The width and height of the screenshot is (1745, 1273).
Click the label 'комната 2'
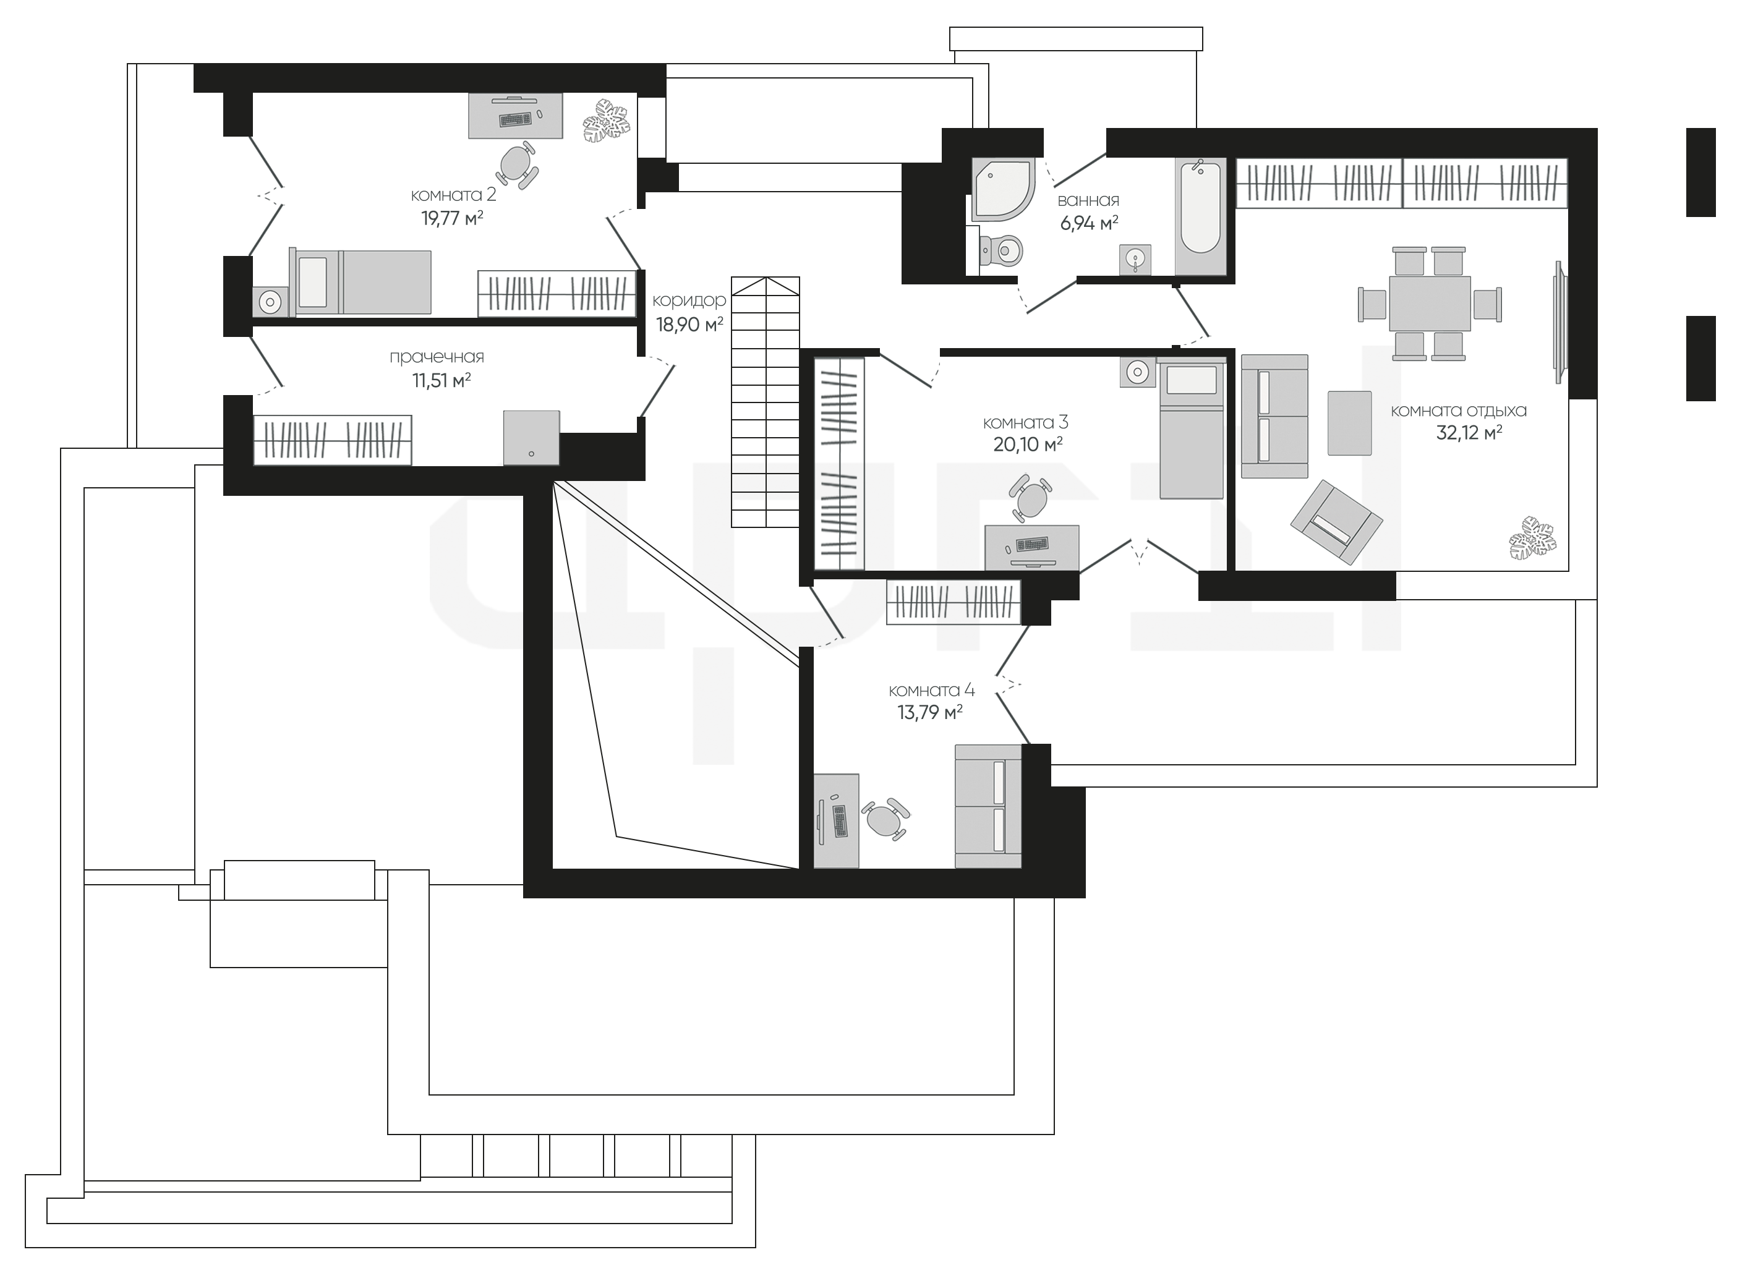(x=453, y=195)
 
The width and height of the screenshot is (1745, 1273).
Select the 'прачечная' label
(x=437, y=357)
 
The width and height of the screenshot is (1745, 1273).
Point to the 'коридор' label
(x=689, y=300)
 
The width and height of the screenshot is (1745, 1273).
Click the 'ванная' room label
(x=1088, y=200)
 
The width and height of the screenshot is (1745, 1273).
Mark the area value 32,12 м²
(x=1469, y=433)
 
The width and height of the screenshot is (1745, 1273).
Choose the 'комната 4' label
(x=932, y=691)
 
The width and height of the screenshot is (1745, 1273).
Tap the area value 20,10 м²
(x=1028, y=445)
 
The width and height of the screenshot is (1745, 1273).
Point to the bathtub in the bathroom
(x=1200, y=207)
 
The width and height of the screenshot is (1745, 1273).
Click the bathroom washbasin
(x=1135, y=260)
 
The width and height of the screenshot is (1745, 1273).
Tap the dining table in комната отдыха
(x=1429, y=304)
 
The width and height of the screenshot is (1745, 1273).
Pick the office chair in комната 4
(x=884, y=819)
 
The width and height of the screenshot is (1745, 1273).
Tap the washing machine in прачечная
(x=531, y=438)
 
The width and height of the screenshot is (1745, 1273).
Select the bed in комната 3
(x=1192, y=430)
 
